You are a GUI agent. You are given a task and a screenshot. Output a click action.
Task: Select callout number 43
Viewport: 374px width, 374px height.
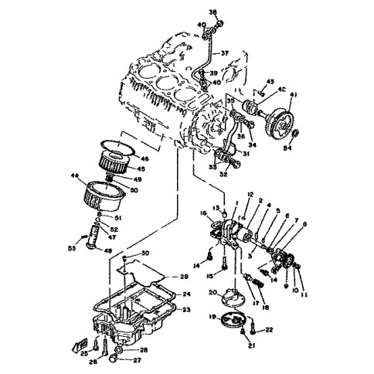(270, 82)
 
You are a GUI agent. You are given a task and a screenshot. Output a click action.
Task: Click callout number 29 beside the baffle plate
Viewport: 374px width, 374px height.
(185, 277)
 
